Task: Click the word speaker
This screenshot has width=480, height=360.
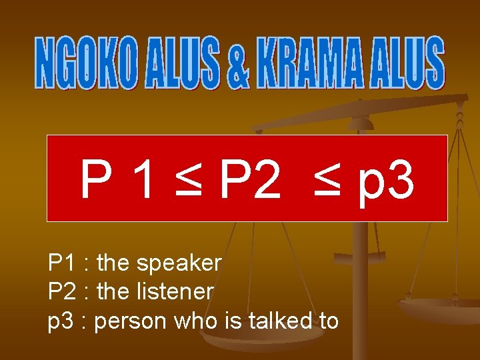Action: click(x=179, y=264)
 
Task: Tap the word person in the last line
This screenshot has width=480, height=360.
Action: click(x=131, y=322)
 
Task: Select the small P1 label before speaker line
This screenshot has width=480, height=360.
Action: click(x=62, y=263)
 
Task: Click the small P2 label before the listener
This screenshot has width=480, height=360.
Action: click(x=62, y=292)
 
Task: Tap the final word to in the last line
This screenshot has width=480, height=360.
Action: click(x=329, y=321)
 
